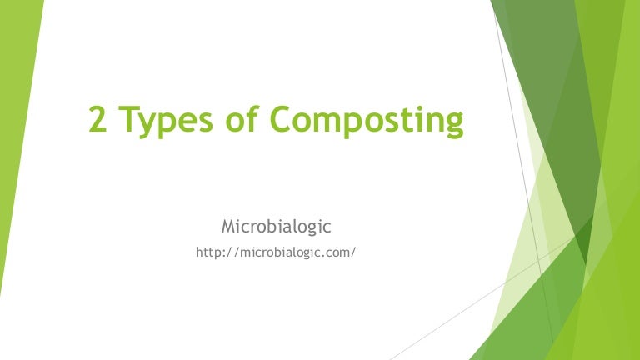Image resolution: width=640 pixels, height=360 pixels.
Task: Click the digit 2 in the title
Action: click(x=99, y=122)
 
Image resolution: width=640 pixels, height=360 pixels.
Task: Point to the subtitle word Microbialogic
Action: click(x=276, y=226)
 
